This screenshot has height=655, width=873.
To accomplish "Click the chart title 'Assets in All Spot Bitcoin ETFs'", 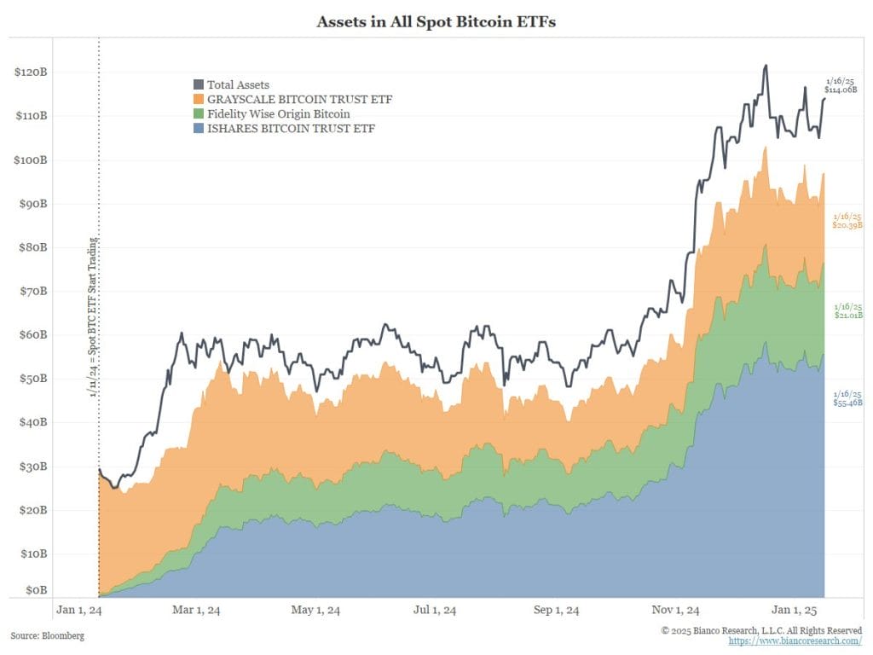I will coord(436,22).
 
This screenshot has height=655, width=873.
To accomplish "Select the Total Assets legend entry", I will coord(238,84).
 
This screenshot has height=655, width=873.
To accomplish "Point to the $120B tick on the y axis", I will coord(31,72).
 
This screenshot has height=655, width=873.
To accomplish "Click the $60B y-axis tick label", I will coord(32,334).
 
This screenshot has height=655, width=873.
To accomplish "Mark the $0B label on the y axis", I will coord(35,589).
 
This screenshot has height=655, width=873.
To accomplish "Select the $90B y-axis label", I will coord(32,204).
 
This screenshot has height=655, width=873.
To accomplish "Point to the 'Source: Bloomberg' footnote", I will coord(48,635).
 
